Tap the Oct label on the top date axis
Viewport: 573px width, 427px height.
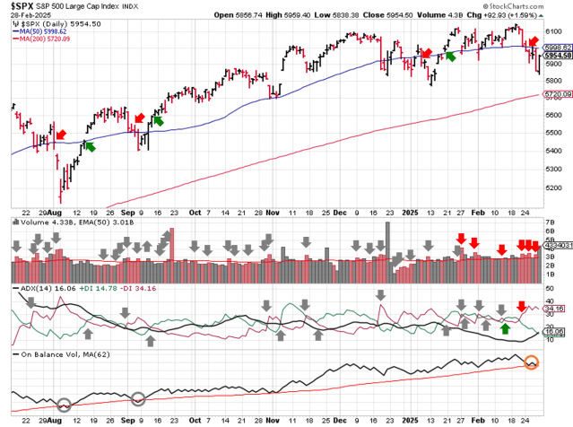click(196, 213)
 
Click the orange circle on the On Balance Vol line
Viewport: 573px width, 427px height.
click(532, 363)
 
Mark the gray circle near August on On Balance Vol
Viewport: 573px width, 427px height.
click(64, 405)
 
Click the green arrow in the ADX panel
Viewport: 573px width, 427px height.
click(505, 328)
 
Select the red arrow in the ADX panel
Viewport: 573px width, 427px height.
click(521, 307)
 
